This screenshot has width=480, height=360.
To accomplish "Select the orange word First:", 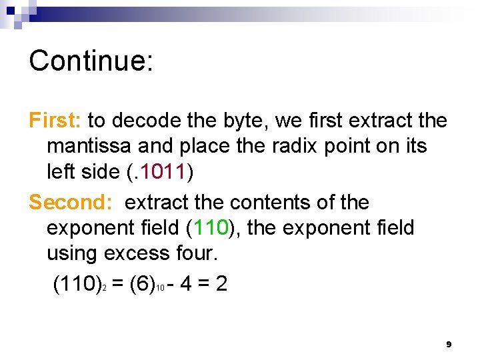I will click(x=55, y=120).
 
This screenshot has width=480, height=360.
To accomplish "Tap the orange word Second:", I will click(x=73, y=202).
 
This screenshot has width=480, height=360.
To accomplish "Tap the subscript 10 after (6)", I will click(x=161, y=289).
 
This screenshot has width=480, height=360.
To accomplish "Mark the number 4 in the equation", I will click(x=186, y=285).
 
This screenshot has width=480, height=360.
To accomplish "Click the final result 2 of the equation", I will click(x=221, y=285).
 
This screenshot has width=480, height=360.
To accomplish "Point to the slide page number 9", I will click(x=449, y=344).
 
